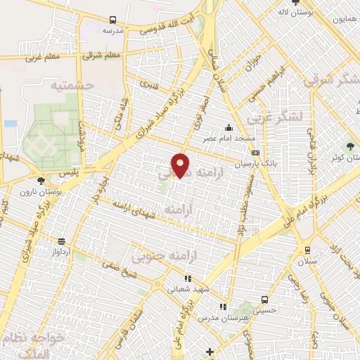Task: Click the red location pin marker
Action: [x=181, y=165]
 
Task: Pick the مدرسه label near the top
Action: [x=112, y=31]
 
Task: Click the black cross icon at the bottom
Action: [x=209, y=351]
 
